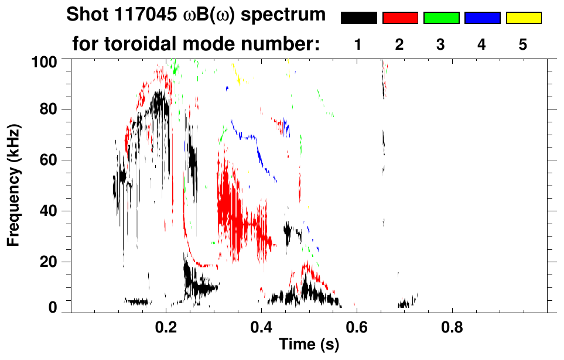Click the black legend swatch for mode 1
(x=358, y=18)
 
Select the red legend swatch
(x=400, y=18)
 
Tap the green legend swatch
(x=441, y=18)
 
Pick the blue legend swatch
(x=482, y=18)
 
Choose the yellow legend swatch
(x=523, y=18)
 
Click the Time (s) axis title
(x=309, y=345)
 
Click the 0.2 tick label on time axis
(x=166, y=325)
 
